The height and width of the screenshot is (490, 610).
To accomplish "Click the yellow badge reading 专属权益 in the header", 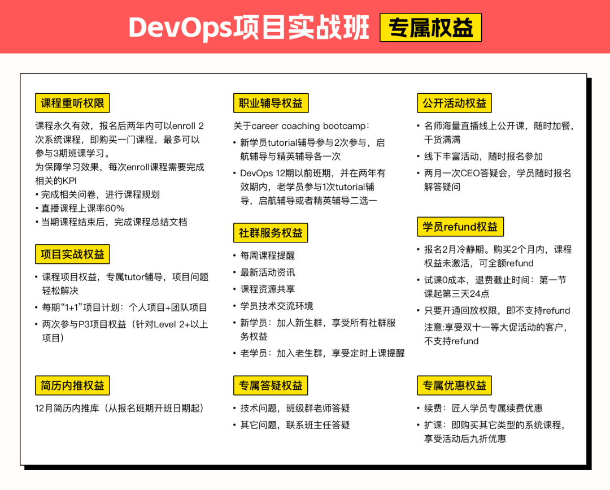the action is coord(430,28).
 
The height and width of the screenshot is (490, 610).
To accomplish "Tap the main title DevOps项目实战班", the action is coord(249,28).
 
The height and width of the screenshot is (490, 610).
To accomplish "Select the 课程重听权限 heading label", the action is coord(72,103).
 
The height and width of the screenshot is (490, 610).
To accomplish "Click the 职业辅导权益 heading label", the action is coord(271,103).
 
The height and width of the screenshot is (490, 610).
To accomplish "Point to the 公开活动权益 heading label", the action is coord(454,103).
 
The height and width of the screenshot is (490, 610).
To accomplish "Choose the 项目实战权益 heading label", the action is coord(72,254).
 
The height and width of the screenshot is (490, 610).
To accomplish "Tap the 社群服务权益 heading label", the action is coord(271,233).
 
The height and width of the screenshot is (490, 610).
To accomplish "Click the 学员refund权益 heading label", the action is coord(460,227).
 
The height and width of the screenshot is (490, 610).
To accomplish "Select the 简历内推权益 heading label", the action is coord(72,385).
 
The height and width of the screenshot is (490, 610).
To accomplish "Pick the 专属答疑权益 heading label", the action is coord(271,385).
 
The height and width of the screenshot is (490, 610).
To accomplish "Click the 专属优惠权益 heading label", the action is coord(454,385).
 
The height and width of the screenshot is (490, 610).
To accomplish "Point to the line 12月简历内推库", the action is coord(119,408).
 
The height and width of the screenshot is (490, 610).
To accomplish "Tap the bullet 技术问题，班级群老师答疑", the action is coord(295,408).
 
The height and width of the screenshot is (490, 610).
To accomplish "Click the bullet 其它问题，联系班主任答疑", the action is coord(295,424).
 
